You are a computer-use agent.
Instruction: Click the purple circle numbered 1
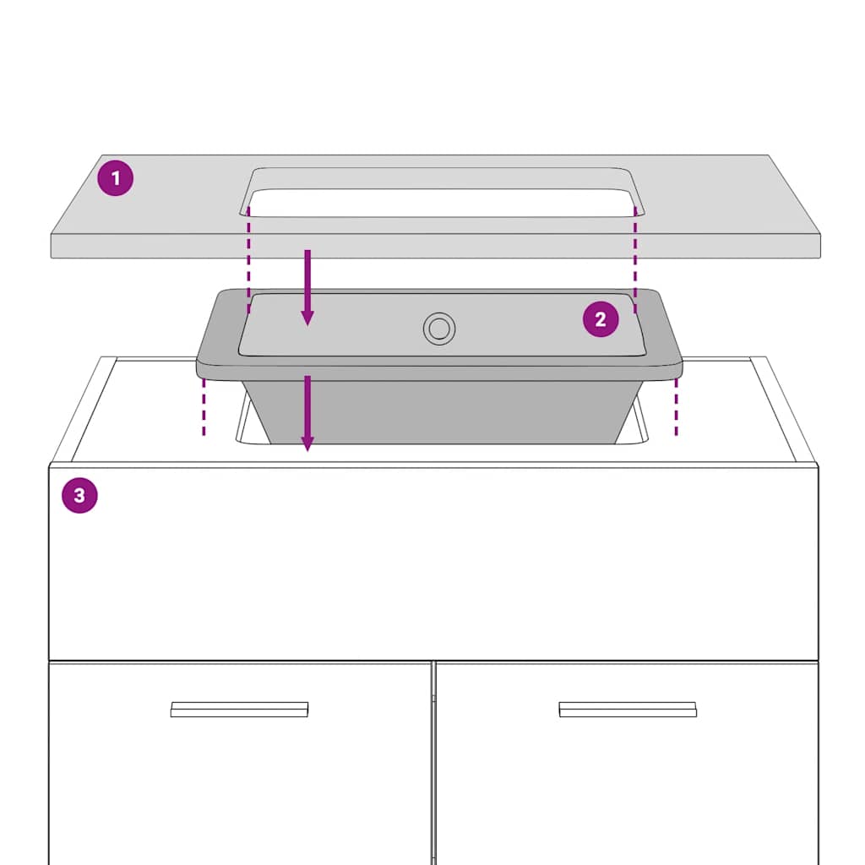115,178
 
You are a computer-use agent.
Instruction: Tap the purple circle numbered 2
601,318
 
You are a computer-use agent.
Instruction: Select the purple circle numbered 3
79,495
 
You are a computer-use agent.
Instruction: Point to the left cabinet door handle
239,710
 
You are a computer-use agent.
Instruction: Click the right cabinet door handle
628,710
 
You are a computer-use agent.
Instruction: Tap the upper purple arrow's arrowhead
307,318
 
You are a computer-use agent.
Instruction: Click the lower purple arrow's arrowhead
307,443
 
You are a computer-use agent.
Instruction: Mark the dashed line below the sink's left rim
204,407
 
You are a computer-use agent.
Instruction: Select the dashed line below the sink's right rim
677,407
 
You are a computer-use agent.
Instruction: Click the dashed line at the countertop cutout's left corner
249,259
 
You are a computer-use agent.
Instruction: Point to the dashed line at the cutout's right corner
635,259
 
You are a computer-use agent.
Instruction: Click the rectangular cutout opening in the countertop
441,203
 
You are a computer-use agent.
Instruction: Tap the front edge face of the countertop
435,246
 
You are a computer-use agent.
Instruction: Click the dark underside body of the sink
441,411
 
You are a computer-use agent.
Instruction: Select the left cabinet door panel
239,764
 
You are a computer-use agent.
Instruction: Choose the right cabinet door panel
627,764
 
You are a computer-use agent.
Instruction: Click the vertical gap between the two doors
433,764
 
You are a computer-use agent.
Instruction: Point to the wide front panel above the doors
433,563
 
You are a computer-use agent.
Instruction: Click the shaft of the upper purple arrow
307,280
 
